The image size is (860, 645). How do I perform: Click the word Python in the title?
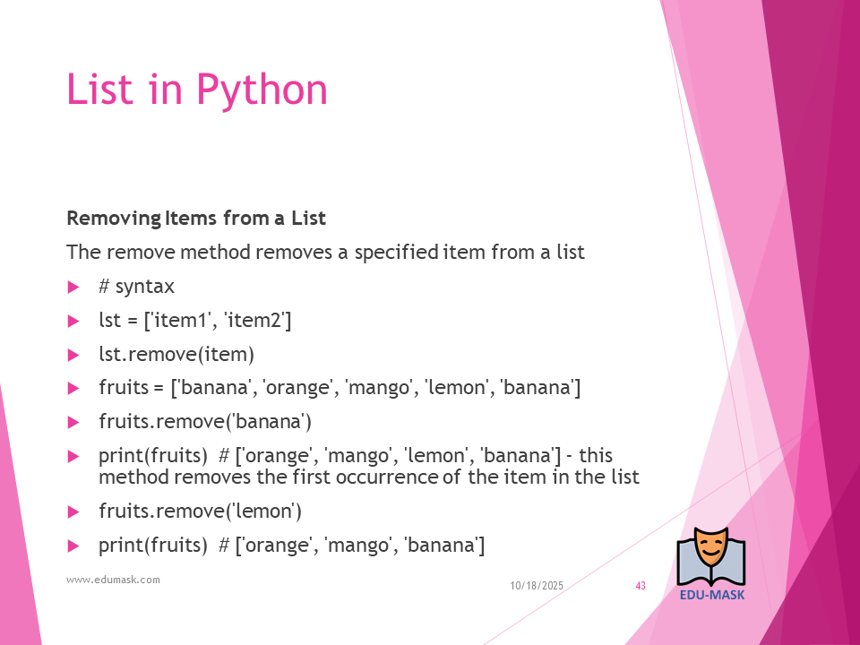pyautogui.click(x=262, y=90)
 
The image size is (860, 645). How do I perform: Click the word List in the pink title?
pyautogui.click(x=99, y=89)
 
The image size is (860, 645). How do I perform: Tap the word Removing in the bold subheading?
pyautogui.click(x=114, y=219)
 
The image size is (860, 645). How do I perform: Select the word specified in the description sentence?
pyautogui.click(x=396, y=253)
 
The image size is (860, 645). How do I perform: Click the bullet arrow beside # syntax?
pyautogui.click(x=73, y=287)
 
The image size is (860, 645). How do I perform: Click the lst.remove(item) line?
pyautogui.click(x=176, y=355)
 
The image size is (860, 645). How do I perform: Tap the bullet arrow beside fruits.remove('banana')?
pyautogui.click(x=73, y=422)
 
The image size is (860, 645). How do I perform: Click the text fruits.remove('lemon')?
pyautogui.click(x=200, y=512)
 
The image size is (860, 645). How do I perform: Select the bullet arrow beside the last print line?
pyautogui.click(x=73, y=546)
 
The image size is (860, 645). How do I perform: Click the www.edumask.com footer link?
pyautogui.click(x=113, y=580)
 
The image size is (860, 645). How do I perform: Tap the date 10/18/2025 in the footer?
pyautogui.click(x=537, y=586)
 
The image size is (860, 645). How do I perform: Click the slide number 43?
pyautogui.click(x=641, y=586)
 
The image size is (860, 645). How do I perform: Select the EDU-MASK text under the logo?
pyautogui.click(x=712, y=595)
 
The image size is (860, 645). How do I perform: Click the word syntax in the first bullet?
pyautogui.click(x=145, y=288)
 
